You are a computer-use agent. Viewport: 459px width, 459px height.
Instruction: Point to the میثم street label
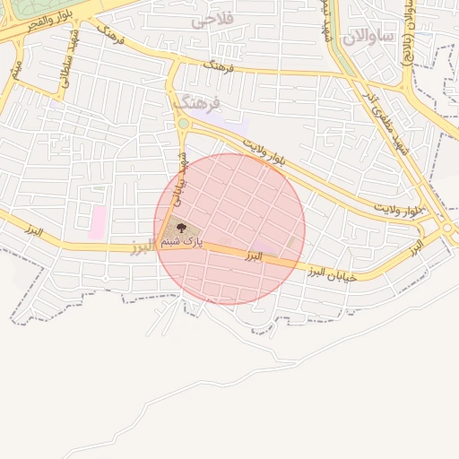click(x=15, y=67)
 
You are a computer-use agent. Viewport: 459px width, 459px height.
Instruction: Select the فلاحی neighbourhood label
click(x=238, y=19)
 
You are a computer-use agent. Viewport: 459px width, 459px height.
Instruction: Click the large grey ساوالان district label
click(x=367, y=36)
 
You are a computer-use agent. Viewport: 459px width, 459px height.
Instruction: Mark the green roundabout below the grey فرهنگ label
click(x=183, y=124)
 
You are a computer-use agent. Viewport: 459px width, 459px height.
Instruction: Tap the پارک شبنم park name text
click(x=182, y=242)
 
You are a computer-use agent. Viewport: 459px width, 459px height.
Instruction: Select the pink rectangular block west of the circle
click(x=97, y=222)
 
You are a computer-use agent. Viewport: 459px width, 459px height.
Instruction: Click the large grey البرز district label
click(x=143, y=247)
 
